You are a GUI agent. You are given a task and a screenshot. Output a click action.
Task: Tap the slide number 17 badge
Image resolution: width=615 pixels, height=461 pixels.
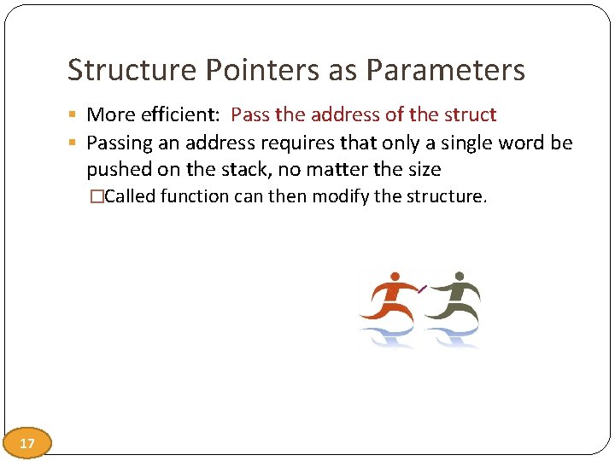point(26,443)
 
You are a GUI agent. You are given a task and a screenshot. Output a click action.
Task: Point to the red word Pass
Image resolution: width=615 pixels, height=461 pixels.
point(249,114)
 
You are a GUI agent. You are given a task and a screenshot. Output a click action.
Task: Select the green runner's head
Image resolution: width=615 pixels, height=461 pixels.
point(460,277)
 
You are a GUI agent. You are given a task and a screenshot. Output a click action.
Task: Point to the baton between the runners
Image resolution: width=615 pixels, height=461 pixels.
point(423,289)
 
